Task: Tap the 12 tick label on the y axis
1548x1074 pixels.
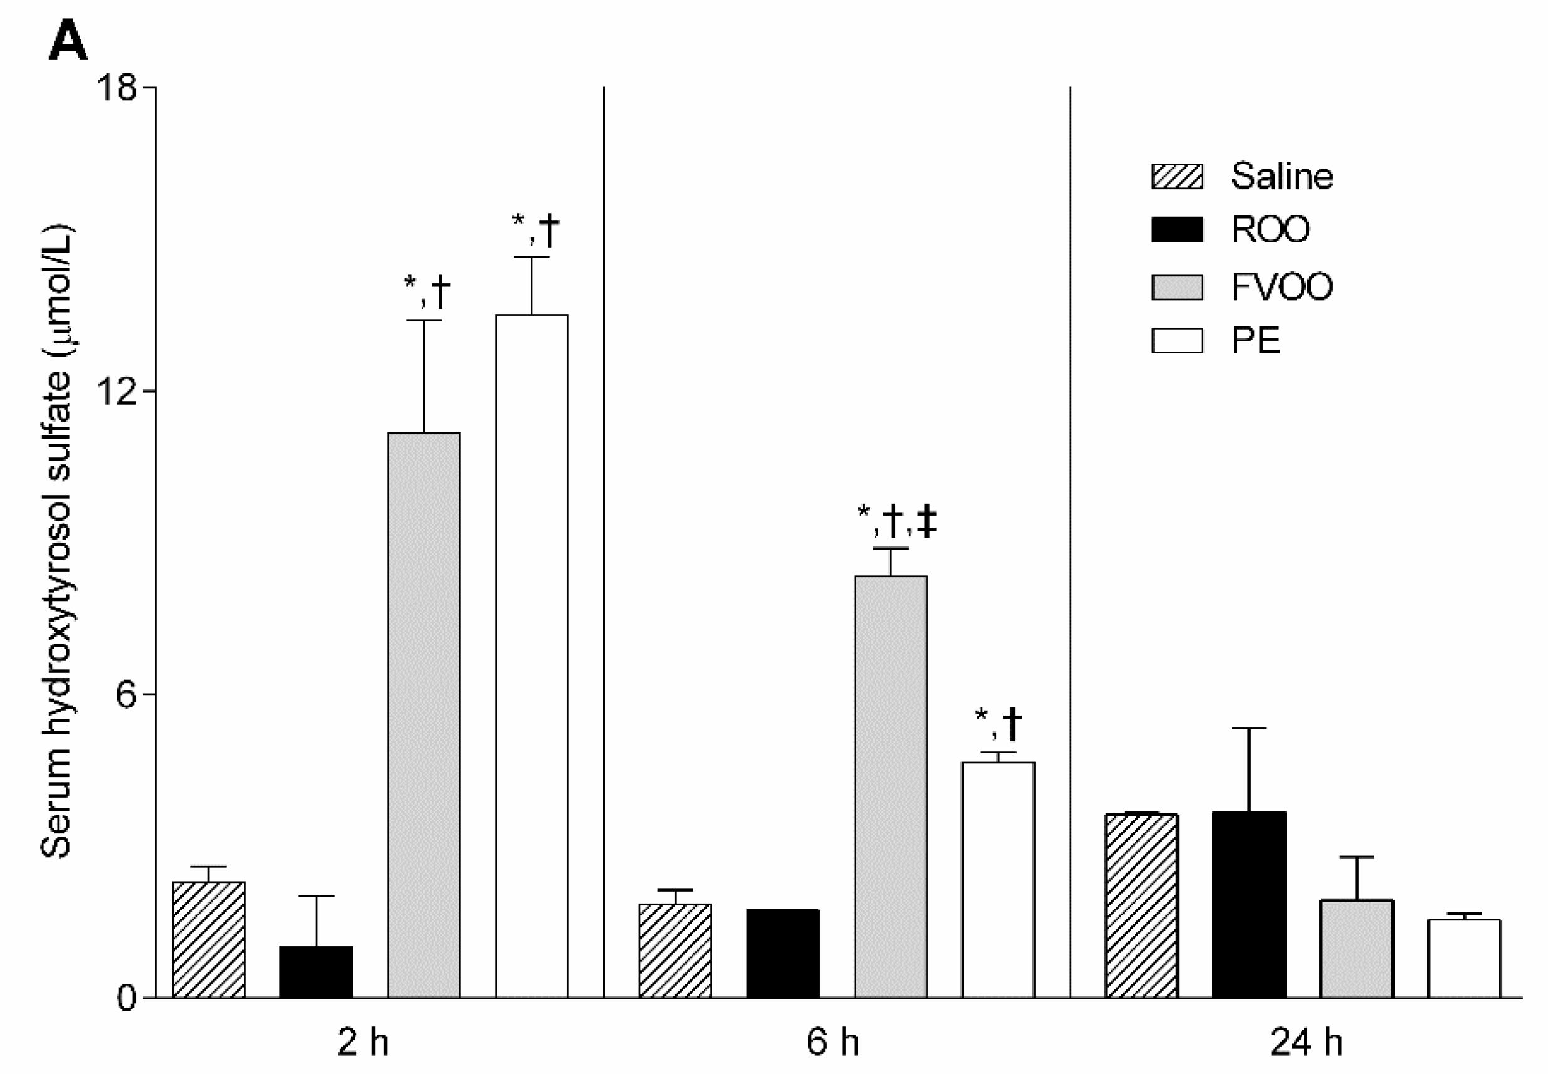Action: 117,391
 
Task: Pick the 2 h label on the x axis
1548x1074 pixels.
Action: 363,1043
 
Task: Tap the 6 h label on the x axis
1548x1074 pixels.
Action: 832,1043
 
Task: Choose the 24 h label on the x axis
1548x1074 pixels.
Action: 1306,1043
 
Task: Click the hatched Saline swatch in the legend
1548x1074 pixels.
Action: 1177,177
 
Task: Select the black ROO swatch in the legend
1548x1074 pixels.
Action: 1177,229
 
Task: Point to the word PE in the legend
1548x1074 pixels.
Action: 1255,340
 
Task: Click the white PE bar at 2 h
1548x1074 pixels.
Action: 531,656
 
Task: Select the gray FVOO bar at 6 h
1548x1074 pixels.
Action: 890,786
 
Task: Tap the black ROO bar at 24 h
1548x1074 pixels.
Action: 1249,905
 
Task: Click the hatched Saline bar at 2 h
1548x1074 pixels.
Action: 209,939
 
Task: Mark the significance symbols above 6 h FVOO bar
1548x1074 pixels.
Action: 896,523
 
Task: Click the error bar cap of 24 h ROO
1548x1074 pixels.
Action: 1249,729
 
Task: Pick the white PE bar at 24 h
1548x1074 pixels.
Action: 1464,959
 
